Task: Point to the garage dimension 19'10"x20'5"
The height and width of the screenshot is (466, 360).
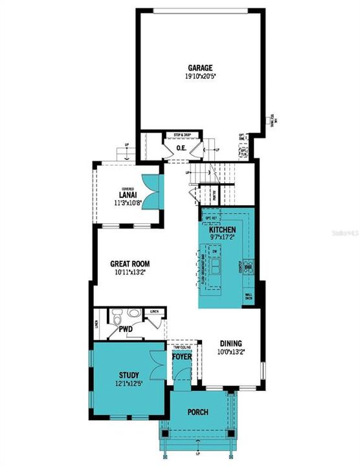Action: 200,75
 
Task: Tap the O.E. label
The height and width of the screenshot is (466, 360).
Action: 182,148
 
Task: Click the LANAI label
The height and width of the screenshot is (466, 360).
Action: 126,194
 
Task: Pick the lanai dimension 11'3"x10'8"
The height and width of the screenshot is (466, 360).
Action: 126,202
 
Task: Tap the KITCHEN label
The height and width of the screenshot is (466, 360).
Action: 222,230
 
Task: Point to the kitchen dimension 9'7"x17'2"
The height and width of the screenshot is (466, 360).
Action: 222,238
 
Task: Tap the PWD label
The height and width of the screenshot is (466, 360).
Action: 125,329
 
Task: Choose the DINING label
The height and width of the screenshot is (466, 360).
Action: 231,344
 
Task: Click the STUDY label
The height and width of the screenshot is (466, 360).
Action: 129,375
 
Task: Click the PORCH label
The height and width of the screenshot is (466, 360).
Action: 197,412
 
